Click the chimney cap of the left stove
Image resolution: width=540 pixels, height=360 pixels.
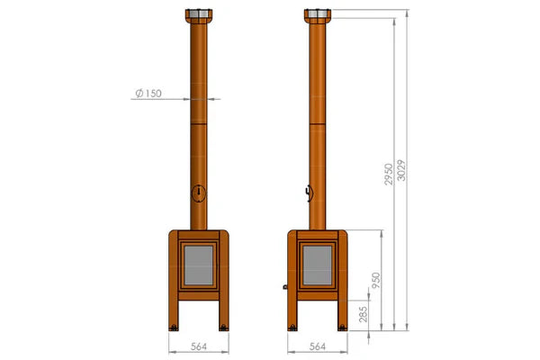point(197,16)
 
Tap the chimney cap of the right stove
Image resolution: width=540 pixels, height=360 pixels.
point(316,16)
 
